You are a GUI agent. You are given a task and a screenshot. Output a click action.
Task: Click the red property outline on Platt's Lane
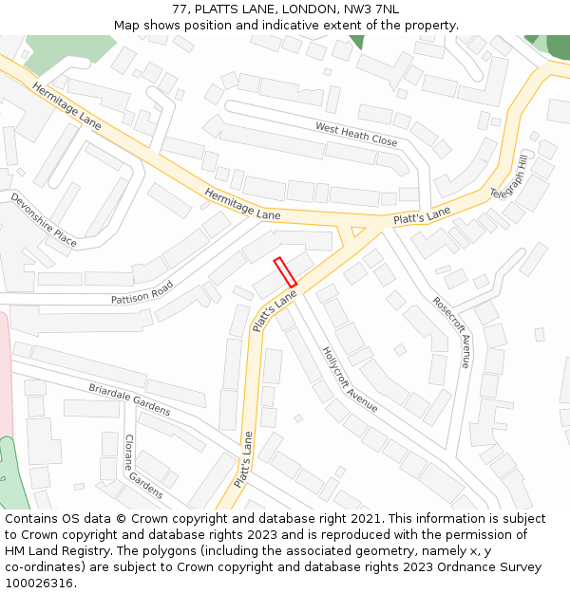click(x=285, y=271)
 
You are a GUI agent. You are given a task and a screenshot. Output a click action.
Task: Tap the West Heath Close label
click(x=356, y=134)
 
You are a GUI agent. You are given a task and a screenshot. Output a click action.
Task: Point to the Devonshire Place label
click(x=44, y=219)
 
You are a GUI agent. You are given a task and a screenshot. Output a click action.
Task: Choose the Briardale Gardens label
click(x=129, y=399)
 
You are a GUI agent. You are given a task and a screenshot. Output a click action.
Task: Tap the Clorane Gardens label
click(x=143, y=466)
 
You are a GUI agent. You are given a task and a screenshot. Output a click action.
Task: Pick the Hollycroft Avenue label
click(x=350, y=379)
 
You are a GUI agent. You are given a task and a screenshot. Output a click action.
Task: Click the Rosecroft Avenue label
click(x=451, y=329)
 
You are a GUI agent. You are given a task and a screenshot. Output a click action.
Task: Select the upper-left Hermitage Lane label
click(x=66, y=105)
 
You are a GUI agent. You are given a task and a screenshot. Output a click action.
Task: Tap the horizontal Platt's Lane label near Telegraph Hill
click(x=422, y=218)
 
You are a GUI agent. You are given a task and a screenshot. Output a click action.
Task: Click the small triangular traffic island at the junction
click(x=358, y=232)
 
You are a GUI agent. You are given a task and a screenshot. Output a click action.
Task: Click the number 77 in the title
click(x=180, y=9)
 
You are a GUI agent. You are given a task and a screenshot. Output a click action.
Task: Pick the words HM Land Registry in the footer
click(x=56, y=551)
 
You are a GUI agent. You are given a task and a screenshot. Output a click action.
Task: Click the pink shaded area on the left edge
click(x=5, y=380)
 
